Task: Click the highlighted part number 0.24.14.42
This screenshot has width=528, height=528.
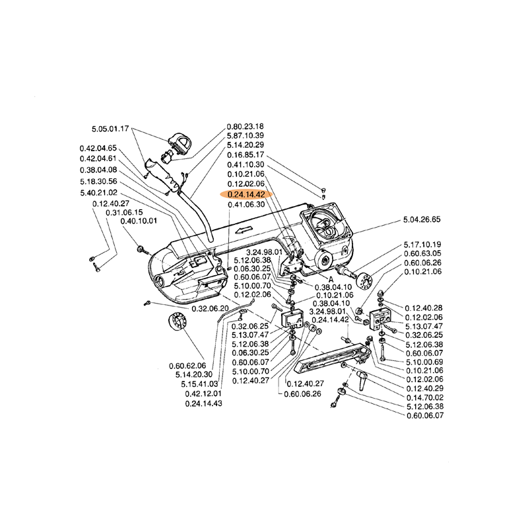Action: (246, 195)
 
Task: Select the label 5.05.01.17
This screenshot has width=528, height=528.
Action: (110, 129)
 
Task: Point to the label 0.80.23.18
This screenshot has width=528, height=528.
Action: (246, 126)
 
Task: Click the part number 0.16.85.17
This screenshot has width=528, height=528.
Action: (246, 154)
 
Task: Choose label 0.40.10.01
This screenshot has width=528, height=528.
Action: (139, 221)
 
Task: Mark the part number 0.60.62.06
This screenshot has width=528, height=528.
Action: (187, 365)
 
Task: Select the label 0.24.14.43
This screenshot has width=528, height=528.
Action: (203, 403)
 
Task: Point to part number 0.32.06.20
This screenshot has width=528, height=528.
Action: (210, 308)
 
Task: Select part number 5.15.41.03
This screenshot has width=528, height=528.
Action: (199, 384)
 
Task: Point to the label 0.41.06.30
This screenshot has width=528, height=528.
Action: (246, 205)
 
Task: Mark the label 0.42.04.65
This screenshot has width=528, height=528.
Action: (98, 148)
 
